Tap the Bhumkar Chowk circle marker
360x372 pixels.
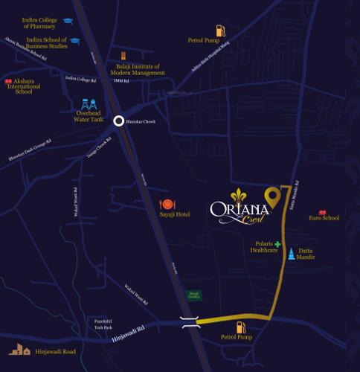(x=118, y=121)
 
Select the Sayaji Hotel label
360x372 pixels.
(x=176, y=214)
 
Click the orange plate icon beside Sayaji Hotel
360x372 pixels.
(x=167, y=204)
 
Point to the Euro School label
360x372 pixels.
(x=325, y=218)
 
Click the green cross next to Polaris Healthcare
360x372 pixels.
(x=277, y=244)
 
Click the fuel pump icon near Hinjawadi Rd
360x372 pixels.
(x=240, y=327)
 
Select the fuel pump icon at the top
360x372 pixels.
(x=220, y=31)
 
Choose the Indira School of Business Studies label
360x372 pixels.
(x=46, y=42)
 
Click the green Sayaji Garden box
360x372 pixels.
(x=193, y=295)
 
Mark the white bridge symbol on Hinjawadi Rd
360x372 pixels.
(x=190, y=321)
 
